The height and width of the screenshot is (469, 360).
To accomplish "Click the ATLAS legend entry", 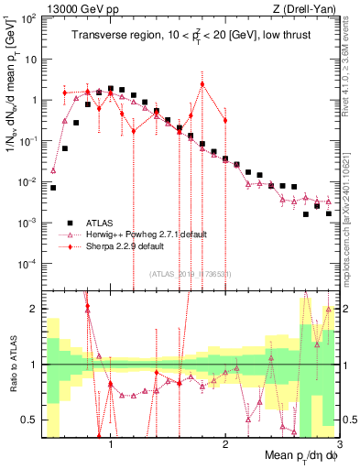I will (x=98, y=222).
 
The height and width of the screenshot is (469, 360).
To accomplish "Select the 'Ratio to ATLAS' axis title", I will (x=12, y=365).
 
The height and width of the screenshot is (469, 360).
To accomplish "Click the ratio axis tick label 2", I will (x=35, y=309).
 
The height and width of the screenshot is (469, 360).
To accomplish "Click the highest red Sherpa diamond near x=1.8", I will (x=202, y=84).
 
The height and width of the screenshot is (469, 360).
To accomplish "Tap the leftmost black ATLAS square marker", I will (x=53, y=188).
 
